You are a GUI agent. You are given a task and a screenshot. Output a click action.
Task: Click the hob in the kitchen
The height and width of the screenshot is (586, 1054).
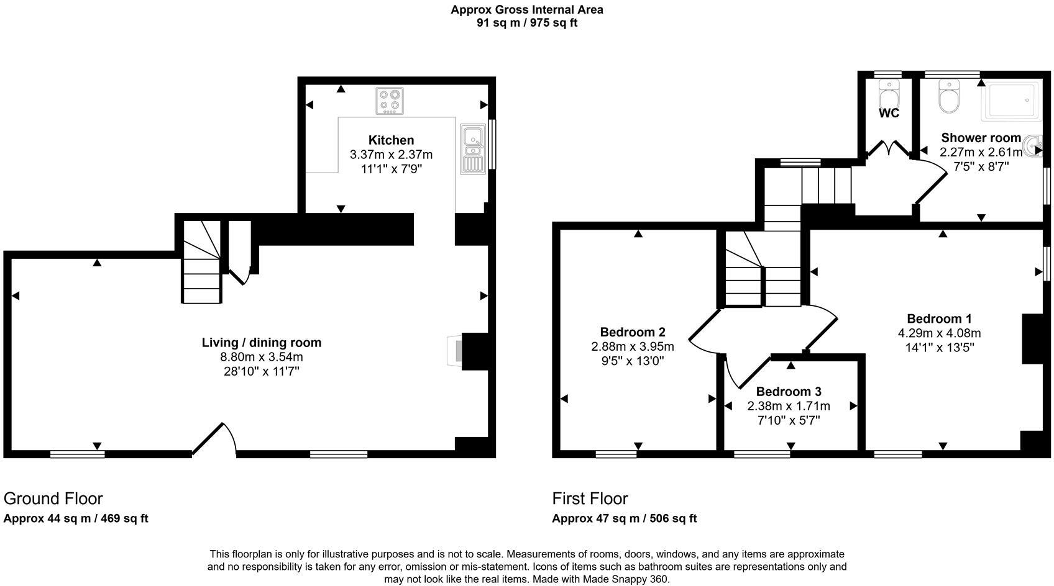pos(390,101)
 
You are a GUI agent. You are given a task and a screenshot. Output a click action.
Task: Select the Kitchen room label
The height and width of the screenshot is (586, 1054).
pos(391,140)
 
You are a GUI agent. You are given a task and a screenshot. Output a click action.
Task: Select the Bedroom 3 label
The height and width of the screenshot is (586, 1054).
pos(789,392)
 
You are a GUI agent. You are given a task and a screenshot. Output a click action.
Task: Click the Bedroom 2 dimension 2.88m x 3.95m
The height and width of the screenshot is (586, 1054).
pos(632,346)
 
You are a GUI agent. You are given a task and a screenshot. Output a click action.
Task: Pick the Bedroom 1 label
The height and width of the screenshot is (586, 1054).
pos(938,319)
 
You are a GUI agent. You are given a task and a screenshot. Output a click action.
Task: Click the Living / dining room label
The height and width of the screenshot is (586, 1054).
pos(262,343)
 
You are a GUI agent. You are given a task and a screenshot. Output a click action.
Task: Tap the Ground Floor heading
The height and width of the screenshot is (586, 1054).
pos(53,498)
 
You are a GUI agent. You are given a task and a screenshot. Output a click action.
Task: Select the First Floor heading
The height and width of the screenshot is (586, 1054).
pos(590,498)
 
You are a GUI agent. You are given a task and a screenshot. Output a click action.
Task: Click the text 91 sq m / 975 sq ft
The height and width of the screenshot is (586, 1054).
pos(526,23)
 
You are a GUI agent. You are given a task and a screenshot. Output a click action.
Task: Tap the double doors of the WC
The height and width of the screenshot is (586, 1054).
pos(888,149)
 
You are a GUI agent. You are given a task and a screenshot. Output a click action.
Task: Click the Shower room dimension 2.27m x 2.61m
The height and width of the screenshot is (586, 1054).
pos(981,153)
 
